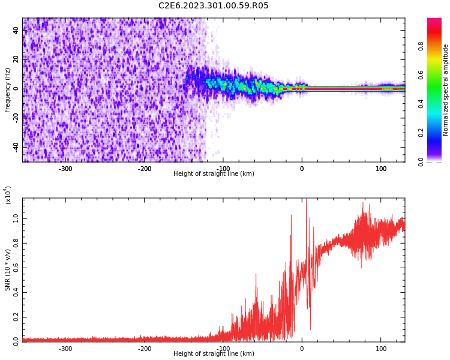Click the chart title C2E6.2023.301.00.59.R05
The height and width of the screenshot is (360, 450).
(214, 6)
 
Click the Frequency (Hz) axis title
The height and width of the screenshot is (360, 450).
(8, 90)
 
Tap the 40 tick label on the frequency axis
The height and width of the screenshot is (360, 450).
(16, 31)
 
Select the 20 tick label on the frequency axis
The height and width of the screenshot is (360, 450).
(16, 59)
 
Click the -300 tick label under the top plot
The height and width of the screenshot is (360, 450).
(65, 169)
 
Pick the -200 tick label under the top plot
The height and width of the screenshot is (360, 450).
(145, 169)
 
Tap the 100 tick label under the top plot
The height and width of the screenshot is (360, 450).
(380, 169)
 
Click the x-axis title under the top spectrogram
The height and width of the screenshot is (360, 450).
(214, 174)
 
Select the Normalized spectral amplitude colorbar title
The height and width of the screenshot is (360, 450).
(446, 90)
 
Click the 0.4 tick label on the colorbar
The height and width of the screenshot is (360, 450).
(421, 104)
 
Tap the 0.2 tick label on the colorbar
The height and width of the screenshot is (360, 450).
(421, 133)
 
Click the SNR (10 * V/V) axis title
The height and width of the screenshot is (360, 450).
(8, 270)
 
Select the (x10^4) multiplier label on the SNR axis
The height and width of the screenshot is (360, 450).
(8, 195)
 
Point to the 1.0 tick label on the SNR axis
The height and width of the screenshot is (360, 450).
(16, 220)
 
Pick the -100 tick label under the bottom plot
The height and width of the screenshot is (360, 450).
(223, 349)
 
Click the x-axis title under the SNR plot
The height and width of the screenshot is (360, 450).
(214, 354)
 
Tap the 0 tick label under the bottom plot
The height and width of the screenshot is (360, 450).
(302, 349)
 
